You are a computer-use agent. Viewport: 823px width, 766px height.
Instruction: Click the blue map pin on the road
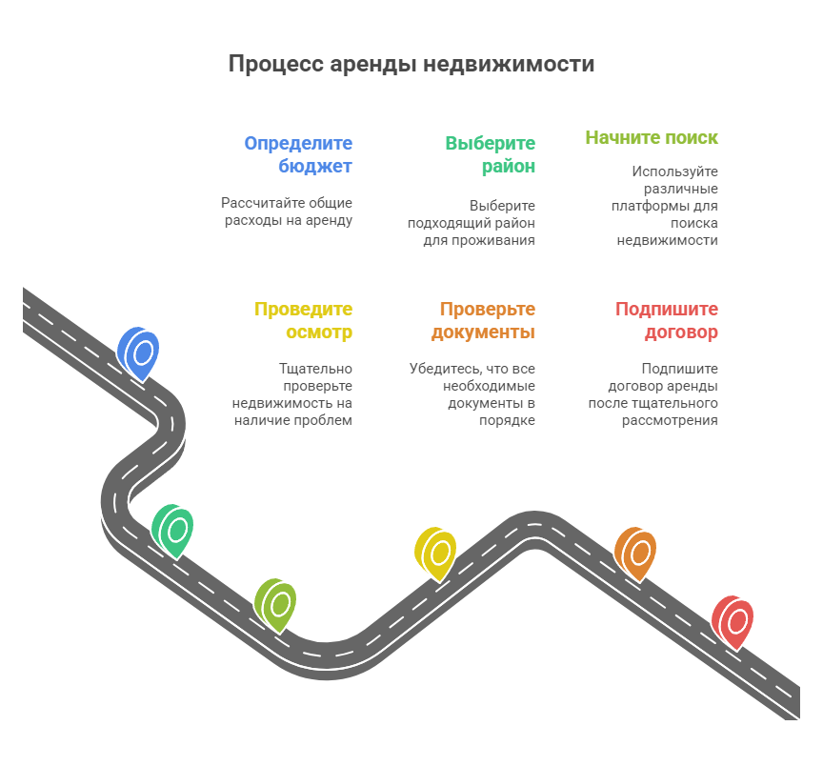tap(139, 352)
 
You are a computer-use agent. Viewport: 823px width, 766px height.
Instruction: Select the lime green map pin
tap(276, 603)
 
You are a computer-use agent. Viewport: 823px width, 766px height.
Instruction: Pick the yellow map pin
tap(435, 552)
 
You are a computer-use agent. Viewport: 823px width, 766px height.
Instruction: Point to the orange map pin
tap(635, 552)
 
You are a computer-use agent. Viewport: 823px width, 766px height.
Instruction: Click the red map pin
tap(733, 621)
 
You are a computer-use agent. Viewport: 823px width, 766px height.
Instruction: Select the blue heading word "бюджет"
tap(315, 166)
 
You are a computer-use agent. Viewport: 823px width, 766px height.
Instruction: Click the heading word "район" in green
tap(508, 166)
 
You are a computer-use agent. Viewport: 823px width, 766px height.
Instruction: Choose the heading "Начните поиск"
tap(652, 137)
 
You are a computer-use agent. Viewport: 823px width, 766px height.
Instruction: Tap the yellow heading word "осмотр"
tap(319, 333)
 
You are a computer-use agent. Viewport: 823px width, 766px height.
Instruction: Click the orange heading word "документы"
tap(483, 333)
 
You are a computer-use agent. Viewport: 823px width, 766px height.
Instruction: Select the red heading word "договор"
tap(681, 333)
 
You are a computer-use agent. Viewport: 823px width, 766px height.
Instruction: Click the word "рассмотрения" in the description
tap(670, 420)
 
